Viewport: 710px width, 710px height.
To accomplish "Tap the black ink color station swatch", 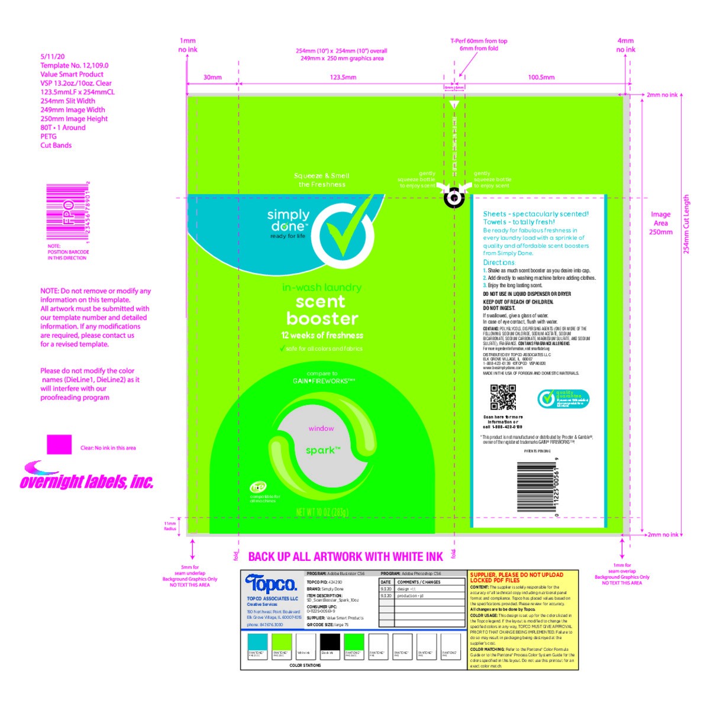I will (x=330, y=641).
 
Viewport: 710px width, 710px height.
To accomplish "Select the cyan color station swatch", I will (x=257, y=641).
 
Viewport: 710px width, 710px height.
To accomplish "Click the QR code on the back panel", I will (x=503, y=397).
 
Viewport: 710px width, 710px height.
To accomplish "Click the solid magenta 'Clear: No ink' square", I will (x=59, y=444).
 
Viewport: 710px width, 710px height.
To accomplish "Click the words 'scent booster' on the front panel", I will (x=322, y=310).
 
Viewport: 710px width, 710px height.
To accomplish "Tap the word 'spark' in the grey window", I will (x=322, y=450).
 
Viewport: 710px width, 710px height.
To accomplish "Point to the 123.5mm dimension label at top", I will (x=343, y=78).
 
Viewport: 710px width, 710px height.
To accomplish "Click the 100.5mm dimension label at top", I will (x=541, y=78).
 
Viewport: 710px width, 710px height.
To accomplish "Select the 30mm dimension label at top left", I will (x=212, y=78).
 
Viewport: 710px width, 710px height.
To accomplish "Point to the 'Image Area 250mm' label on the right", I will (x=661, y=223).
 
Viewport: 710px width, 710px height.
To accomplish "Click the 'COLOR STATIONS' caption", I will (x=305, y=666).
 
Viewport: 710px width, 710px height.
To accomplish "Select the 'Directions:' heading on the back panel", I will (x=499, y=262).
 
